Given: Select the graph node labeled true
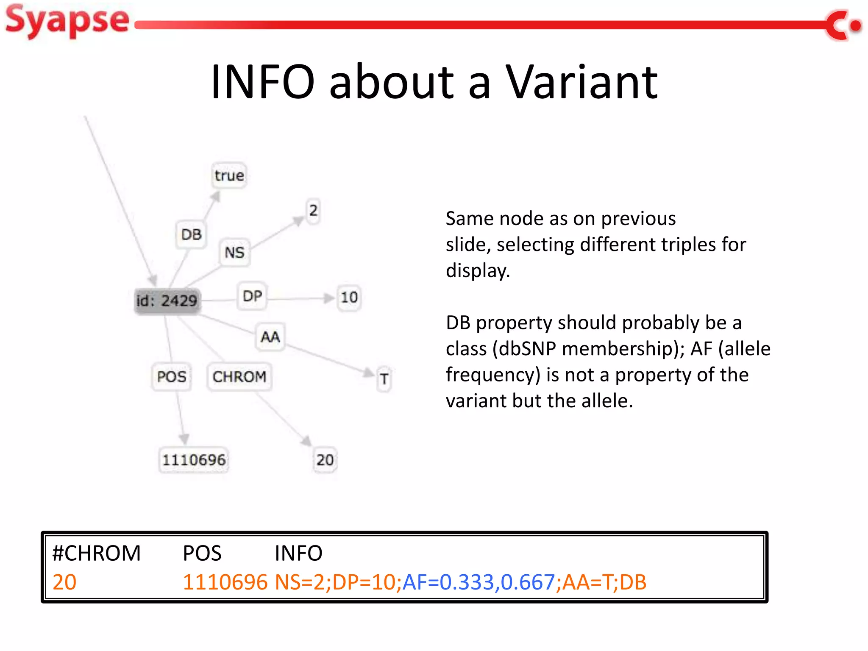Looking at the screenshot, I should tap(229, 175).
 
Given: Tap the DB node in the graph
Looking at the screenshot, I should tap(191, 234).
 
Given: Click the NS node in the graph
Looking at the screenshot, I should tap(234, 253).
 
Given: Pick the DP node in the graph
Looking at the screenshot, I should tap(252, 296).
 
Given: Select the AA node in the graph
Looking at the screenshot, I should tap(270, 337).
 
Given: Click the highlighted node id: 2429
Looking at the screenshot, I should tap(167, 301).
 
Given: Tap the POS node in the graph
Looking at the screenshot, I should tap(171, 376).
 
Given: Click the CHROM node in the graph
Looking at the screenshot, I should tap(239, 376).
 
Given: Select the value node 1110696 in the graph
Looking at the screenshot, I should tap(194, 460).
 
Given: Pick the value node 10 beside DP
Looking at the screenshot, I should tap(349, 298).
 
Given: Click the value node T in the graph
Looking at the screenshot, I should tap(384, 379).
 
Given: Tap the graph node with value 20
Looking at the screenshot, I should tap(325, 460).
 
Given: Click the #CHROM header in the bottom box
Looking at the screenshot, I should tap(96, 553).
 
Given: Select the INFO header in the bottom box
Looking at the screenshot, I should tap(298, 553).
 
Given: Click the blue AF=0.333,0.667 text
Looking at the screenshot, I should tap(478, 582).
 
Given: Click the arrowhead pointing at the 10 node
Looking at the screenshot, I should tap(329, 298).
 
